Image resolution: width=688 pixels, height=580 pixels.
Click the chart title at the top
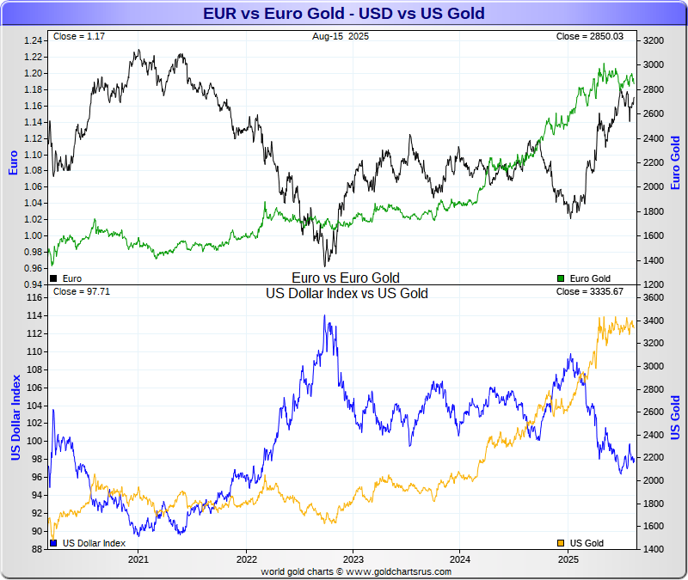click(343, 13)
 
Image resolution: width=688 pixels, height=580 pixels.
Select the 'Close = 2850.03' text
click(596, 37)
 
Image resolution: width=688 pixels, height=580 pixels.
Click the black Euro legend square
click(54, 278)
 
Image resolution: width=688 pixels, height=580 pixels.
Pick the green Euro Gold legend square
click(562, 278)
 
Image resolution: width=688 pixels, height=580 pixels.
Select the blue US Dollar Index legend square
click(54, 543)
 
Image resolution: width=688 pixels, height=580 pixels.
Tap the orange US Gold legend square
click(562, 543)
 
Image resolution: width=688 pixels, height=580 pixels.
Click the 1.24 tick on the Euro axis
click(34, 40)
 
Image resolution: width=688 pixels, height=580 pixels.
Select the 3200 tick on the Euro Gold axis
click(654, 40)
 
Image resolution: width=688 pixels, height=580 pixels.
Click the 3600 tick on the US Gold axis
click(654, 297)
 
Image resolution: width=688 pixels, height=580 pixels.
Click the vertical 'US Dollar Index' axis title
click(15, 417)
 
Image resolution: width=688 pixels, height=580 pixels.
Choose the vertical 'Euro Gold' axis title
click(675, 163)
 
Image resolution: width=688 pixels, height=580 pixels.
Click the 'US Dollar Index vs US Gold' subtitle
click(347, 294)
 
